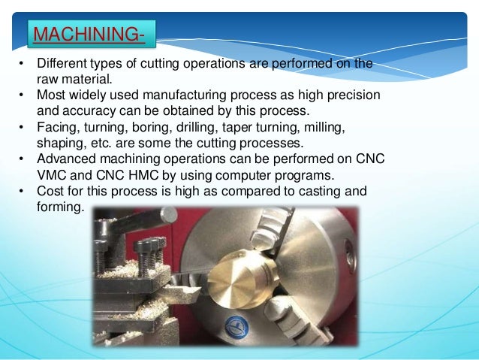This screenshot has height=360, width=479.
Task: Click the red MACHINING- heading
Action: tap(91, 35)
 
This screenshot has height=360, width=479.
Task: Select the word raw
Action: tap(48, 79)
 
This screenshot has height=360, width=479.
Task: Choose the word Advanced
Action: tap(68, 159)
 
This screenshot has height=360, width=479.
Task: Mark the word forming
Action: tap(59, 207)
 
